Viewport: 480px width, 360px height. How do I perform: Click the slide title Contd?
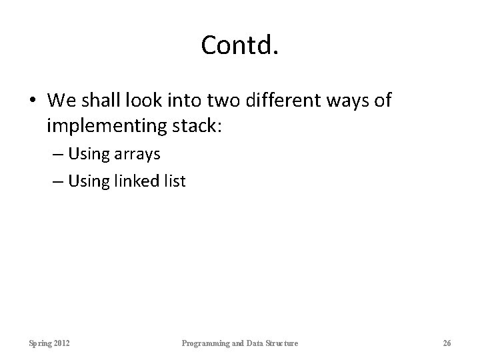click(239, 45)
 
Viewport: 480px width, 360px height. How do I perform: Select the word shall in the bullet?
click(102, 101)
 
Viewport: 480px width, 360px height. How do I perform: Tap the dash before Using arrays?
click(57, 155)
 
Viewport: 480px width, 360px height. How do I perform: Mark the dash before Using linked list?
click(57, 181)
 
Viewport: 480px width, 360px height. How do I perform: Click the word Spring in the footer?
click(41, 343)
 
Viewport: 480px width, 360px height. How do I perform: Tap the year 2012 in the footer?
click(64, 343)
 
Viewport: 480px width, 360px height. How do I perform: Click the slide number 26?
click(447, 343)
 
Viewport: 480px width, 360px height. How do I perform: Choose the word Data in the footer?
click(254, 343)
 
